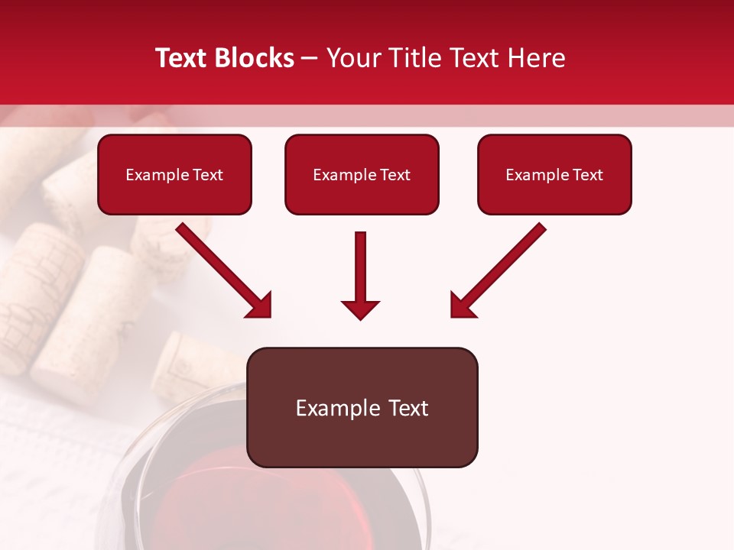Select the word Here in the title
[536, 58]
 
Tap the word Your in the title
[353, 58]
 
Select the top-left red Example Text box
[174, 174]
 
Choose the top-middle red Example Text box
[362, 174]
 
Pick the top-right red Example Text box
[554, 174]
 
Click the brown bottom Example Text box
[362, 407]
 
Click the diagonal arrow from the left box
[222, 269]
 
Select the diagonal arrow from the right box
[500, 269]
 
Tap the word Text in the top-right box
[588, 175]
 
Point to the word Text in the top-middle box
[395, 175]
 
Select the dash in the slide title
[310, 59]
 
